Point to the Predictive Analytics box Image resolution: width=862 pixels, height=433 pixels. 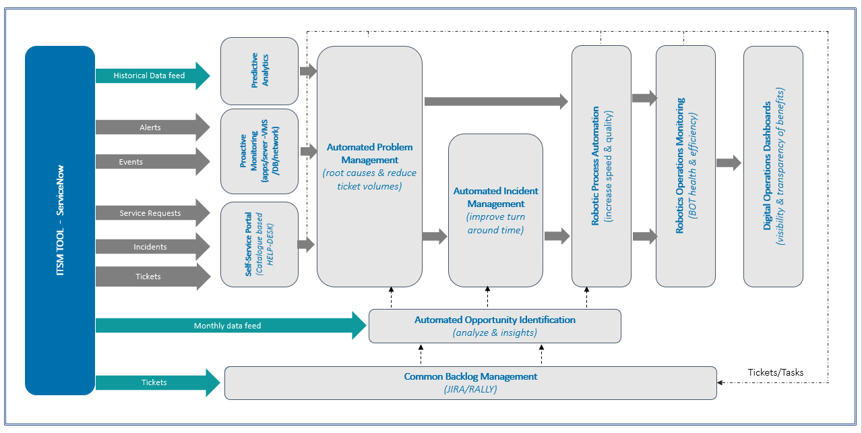(259, 71)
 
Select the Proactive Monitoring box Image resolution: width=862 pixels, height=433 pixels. (259, 151)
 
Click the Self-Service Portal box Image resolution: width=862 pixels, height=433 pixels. (259, 244)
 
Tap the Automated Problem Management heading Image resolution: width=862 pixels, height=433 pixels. (369, 153)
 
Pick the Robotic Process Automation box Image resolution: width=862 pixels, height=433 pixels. (601, 166)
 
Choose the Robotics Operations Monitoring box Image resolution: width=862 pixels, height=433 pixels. (685, 166)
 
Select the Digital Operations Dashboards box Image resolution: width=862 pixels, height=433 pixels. (773, 166)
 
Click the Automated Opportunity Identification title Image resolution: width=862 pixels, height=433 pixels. (495, 320)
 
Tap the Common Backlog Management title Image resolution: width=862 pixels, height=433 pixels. (470, 376)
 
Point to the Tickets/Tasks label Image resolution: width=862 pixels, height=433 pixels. (775, 372)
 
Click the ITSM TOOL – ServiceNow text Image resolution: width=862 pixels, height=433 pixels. (60, 220)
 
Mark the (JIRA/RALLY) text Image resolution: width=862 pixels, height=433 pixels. (470, 389)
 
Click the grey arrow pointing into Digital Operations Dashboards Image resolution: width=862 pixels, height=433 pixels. (729, 163)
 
